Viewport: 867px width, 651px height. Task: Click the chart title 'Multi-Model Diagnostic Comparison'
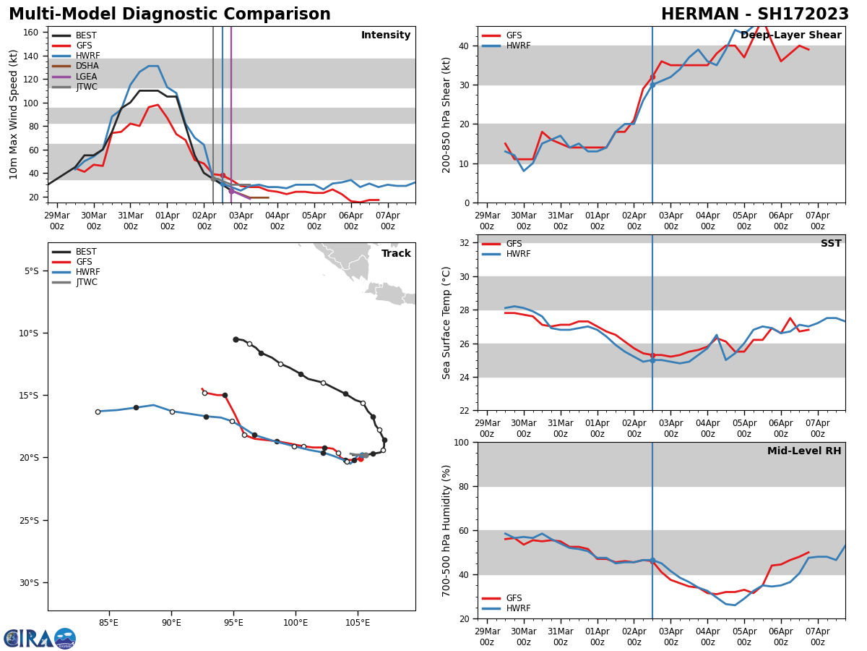[x=170, y=14]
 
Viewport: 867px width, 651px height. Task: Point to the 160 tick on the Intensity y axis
[x=31, y=33]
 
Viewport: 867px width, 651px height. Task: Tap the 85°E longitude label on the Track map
[x=108, y=622]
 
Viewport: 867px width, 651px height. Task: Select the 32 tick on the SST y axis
[x=465, y=243]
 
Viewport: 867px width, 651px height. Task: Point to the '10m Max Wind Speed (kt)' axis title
[x=14, y=114]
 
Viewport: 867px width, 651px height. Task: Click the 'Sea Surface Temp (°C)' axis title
[x=447, y=323]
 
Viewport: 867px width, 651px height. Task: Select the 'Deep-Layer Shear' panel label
[x=790, y=35]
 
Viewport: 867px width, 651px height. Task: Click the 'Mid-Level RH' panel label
[x=804, y=451]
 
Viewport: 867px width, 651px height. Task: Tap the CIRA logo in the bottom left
[x=40, y=639]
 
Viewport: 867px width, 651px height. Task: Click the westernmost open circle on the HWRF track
[x=98, y=412]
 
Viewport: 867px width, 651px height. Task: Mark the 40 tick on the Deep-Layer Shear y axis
[x=465, y=46]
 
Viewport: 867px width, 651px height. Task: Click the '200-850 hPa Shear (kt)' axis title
[x=447, y=114]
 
